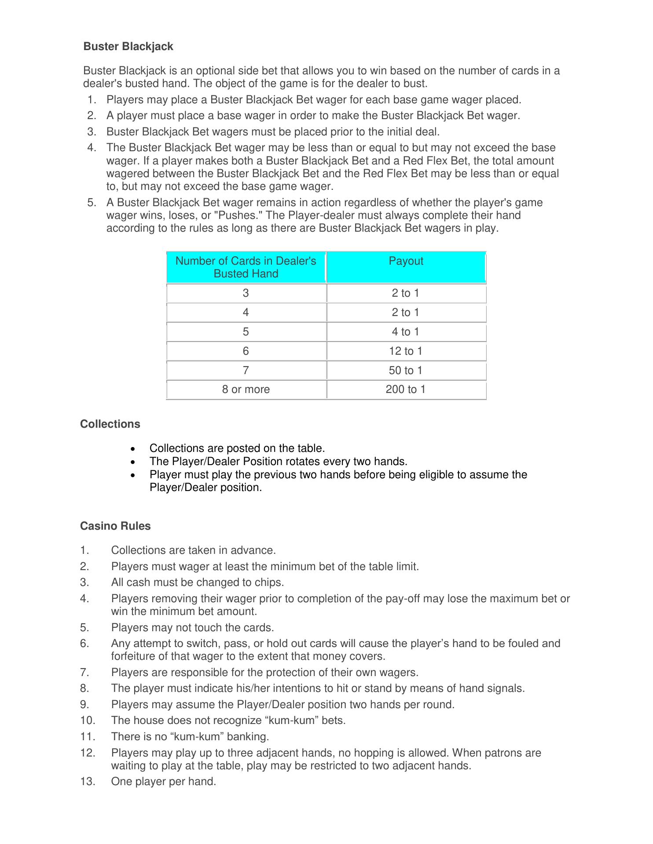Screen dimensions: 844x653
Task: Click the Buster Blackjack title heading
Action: [128, 47]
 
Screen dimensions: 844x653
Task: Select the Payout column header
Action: [406, 261]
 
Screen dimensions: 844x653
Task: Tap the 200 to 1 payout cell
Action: [406, 389]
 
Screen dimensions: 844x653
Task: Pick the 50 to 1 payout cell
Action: [406, 371]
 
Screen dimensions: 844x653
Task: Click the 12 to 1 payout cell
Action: [406, 351]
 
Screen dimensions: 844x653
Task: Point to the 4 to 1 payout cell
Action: [406, 332]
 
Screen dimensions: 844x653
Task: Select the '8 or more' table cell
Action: [246, 389]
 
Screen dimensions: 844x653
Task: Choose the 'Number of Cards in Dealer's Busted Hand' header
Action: [246, 267]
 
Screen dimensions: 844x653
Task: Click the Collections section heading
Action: [110, 424]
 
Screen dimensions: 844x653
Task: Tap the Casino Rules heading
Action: [115, 526]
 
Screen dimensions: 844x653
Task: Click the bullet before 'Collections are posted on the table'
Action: [133, 449]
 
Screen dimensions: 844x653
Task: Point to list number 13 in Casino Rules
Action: [88, 782]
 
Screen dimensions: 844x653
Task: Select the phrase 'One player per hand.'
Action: [164, 782]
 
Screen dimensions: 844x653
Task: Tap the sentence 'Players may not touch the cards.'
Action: [193, 628]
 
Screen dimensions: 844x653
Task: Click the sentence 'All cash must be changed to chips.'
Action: [198, 582]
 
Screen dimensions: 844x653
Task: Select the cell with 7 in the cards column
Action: [246, 371]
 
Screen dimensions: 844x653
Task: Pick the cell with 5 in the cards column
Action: [246, 332]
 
